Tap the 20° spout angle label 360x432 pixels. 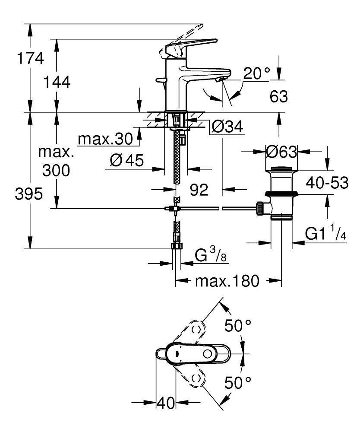[256, 74]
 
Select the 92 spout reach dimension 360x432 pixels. [199, 189]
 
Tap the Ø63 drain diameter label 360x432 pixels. [281, 152]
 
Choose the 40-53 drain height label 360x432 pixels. [327, 183]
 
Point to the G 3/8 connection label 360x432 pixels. [210, 256]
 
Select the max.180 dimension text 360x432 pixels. [227, 282]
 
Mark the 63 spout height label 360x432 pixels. [279, 96]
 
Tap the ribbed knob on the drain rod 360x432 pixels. [260, 208]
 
